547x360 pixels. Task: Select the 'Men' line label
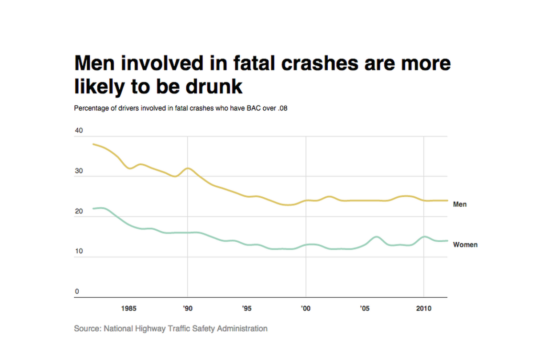click(459, 204)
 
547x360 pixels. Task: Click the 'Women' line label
click(465, 244)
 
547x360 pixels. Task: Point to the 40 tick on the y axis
click(79, 131)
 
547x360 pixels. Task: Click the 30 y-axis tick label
click(79, 171)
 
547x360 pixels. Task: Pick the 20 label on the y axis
click(79, 211)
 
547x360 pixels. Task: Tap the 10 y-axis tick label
click(79, 252)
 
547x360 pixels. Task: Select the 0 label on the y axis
click(77, 292)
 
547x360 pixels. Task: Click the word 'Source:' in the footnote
click(88, 328)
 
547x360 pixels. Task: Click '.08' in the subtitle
click(282, 108)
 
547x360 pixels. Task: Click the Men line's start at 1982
click(93, 144)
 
